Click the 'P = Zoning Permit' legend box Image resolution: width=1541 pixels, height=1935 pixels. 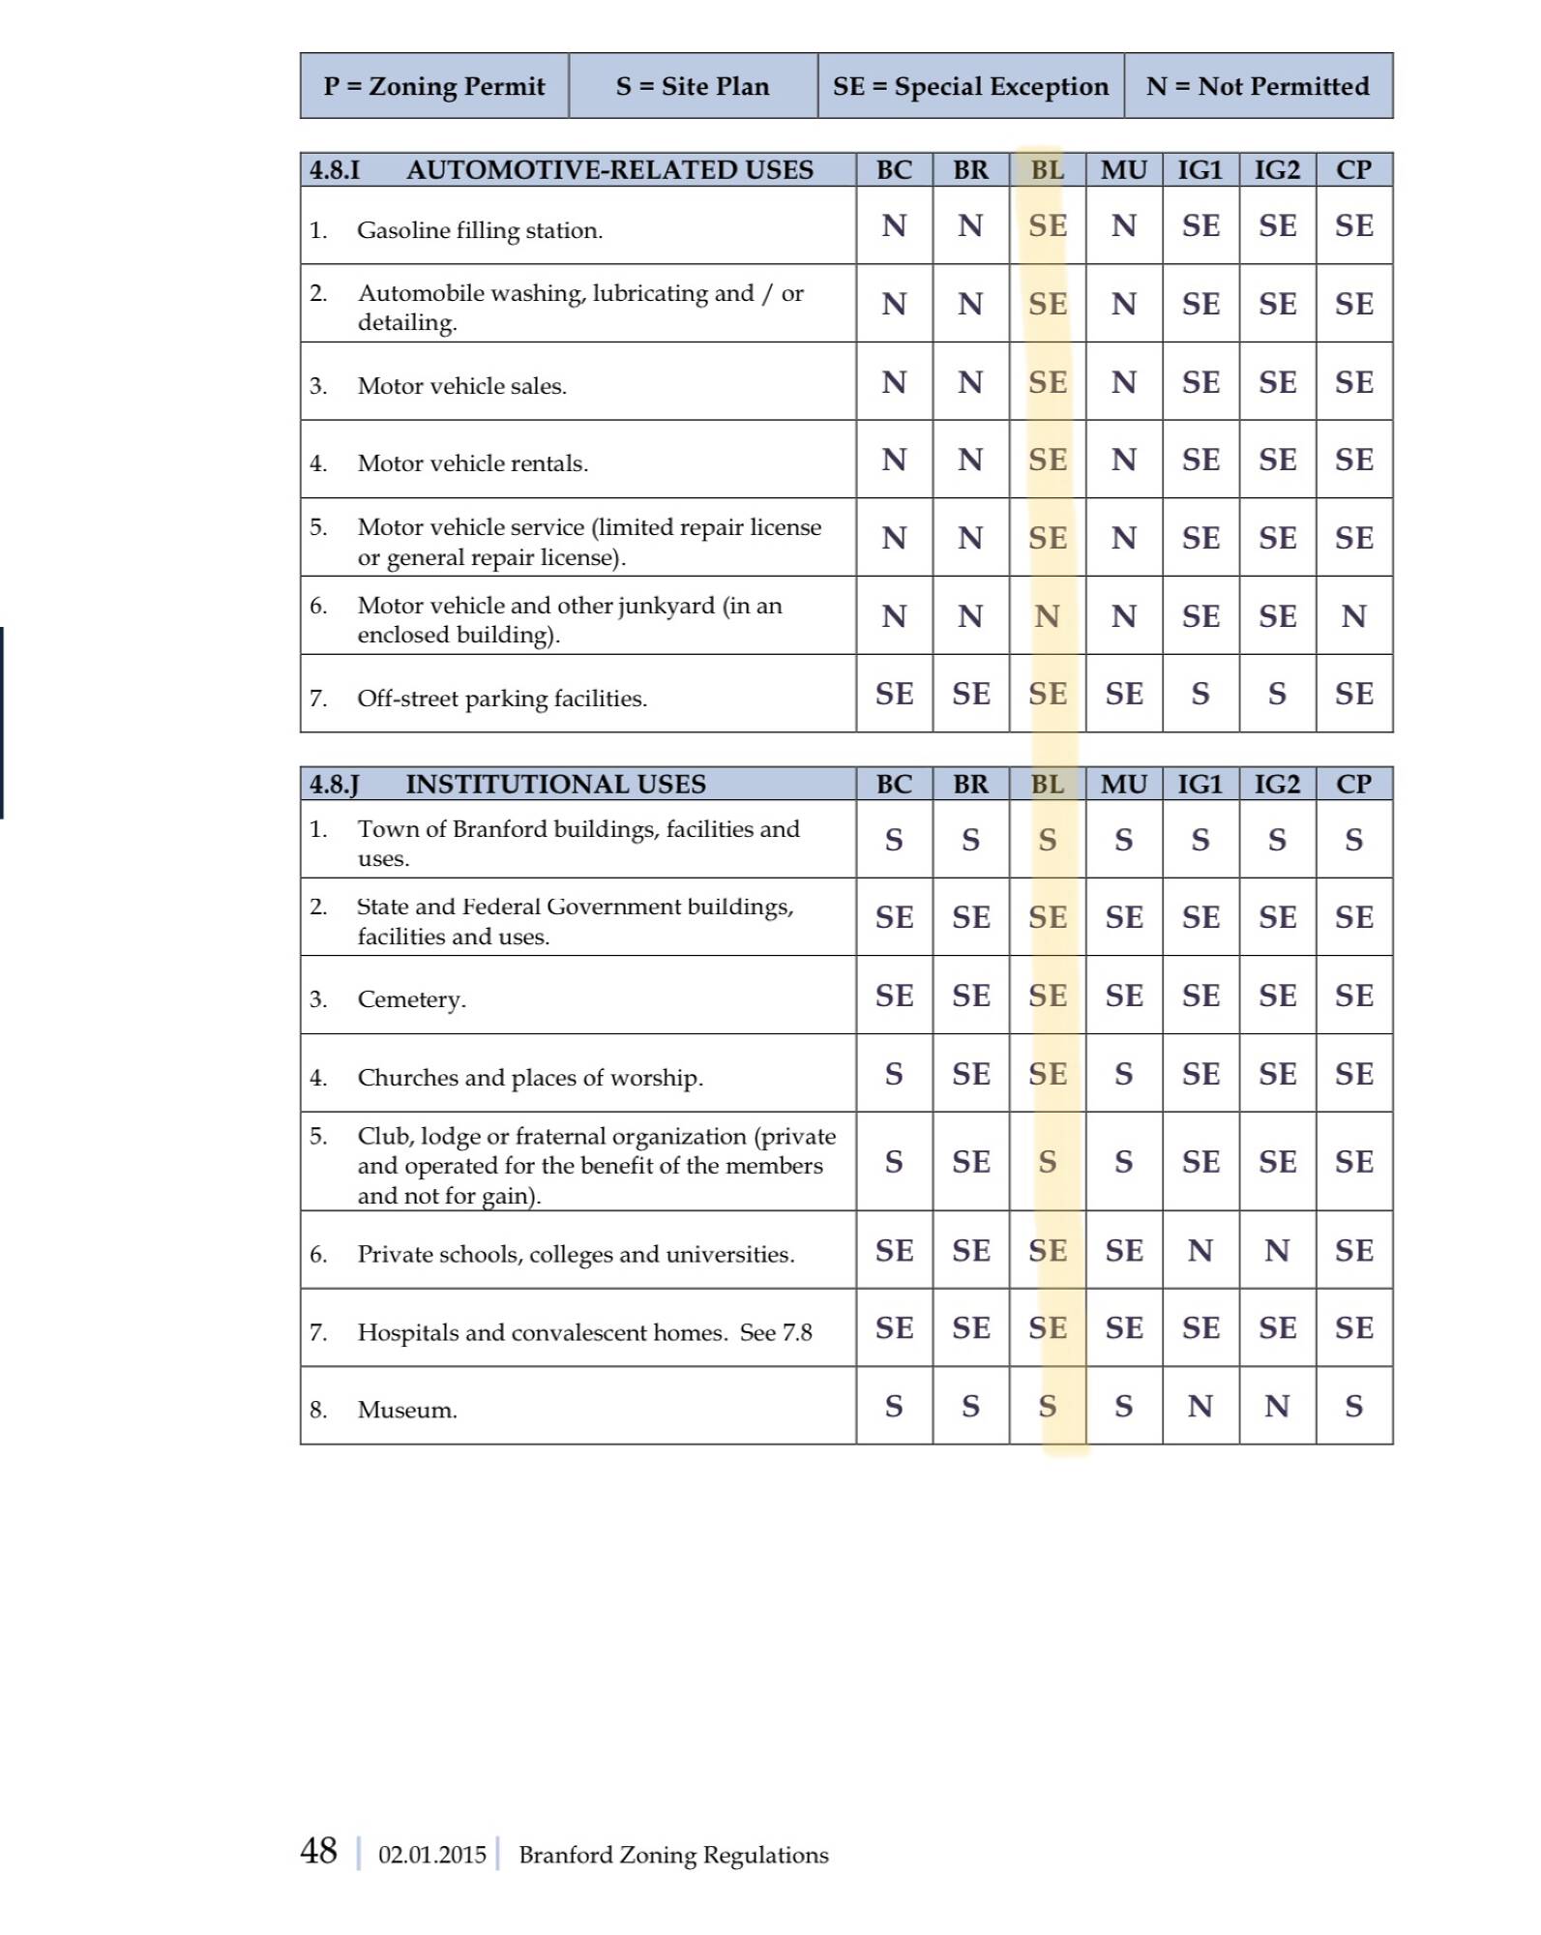(x=434, y=86)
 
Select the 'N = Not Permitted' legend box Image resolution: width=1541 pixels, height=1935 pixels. (x=1258, y=86)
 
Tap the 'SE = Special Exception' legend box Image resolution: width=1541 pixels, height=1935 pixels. (x=970, y=86)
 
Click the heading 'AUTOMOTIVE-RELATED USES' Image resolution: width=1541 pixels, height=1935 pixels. (x=609, y=170)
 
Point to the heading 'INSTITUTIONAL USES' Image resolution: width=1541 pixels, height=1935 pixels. (x=555, y=784)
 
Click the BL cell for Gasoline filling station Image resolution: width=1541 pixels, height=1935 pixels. (x=1048, y=226)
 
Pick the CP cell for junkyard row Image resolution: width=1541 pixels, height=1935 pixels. (x=1353, y=616)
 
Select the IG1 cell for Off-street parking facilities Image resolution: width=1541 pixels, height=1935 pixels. (x=1200, y=694)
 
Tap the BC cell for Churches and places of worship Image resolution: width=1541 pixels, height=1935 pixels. (x=894, y=1074)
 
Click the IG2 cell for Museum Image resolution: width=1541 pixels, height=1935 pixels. (x=1277, y=1406)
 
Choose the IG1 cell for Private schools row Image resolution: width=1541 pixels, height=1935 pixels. (x=1200, y=1251)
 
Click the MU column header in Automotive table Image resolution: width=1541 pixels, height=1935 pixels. (x=1124, y=170)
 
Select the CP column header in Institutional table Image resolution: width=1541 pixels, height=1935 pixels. (x=1353, y=784)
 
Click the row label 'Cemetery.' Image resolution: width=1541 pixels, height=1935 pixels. (x=412, y=999)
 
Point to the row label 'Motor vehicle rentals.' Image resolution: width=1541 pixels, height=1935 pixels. (x=472, y=463)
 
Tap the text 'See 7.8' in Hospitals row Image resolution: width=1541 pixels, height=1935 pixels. (x=776, y=1332)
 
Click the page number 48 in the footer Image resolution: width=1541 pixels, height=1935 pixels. (x=318, y=1851)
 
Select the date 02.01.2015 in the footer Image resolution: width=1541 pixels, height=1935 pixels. (x=431, y=1855)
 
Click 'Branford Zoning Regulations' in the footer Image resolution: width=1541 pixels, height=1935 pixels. (x=673, y=1855)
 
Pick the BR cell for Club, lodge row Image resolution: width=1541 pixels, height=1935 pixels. (x=970, y=1162)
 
